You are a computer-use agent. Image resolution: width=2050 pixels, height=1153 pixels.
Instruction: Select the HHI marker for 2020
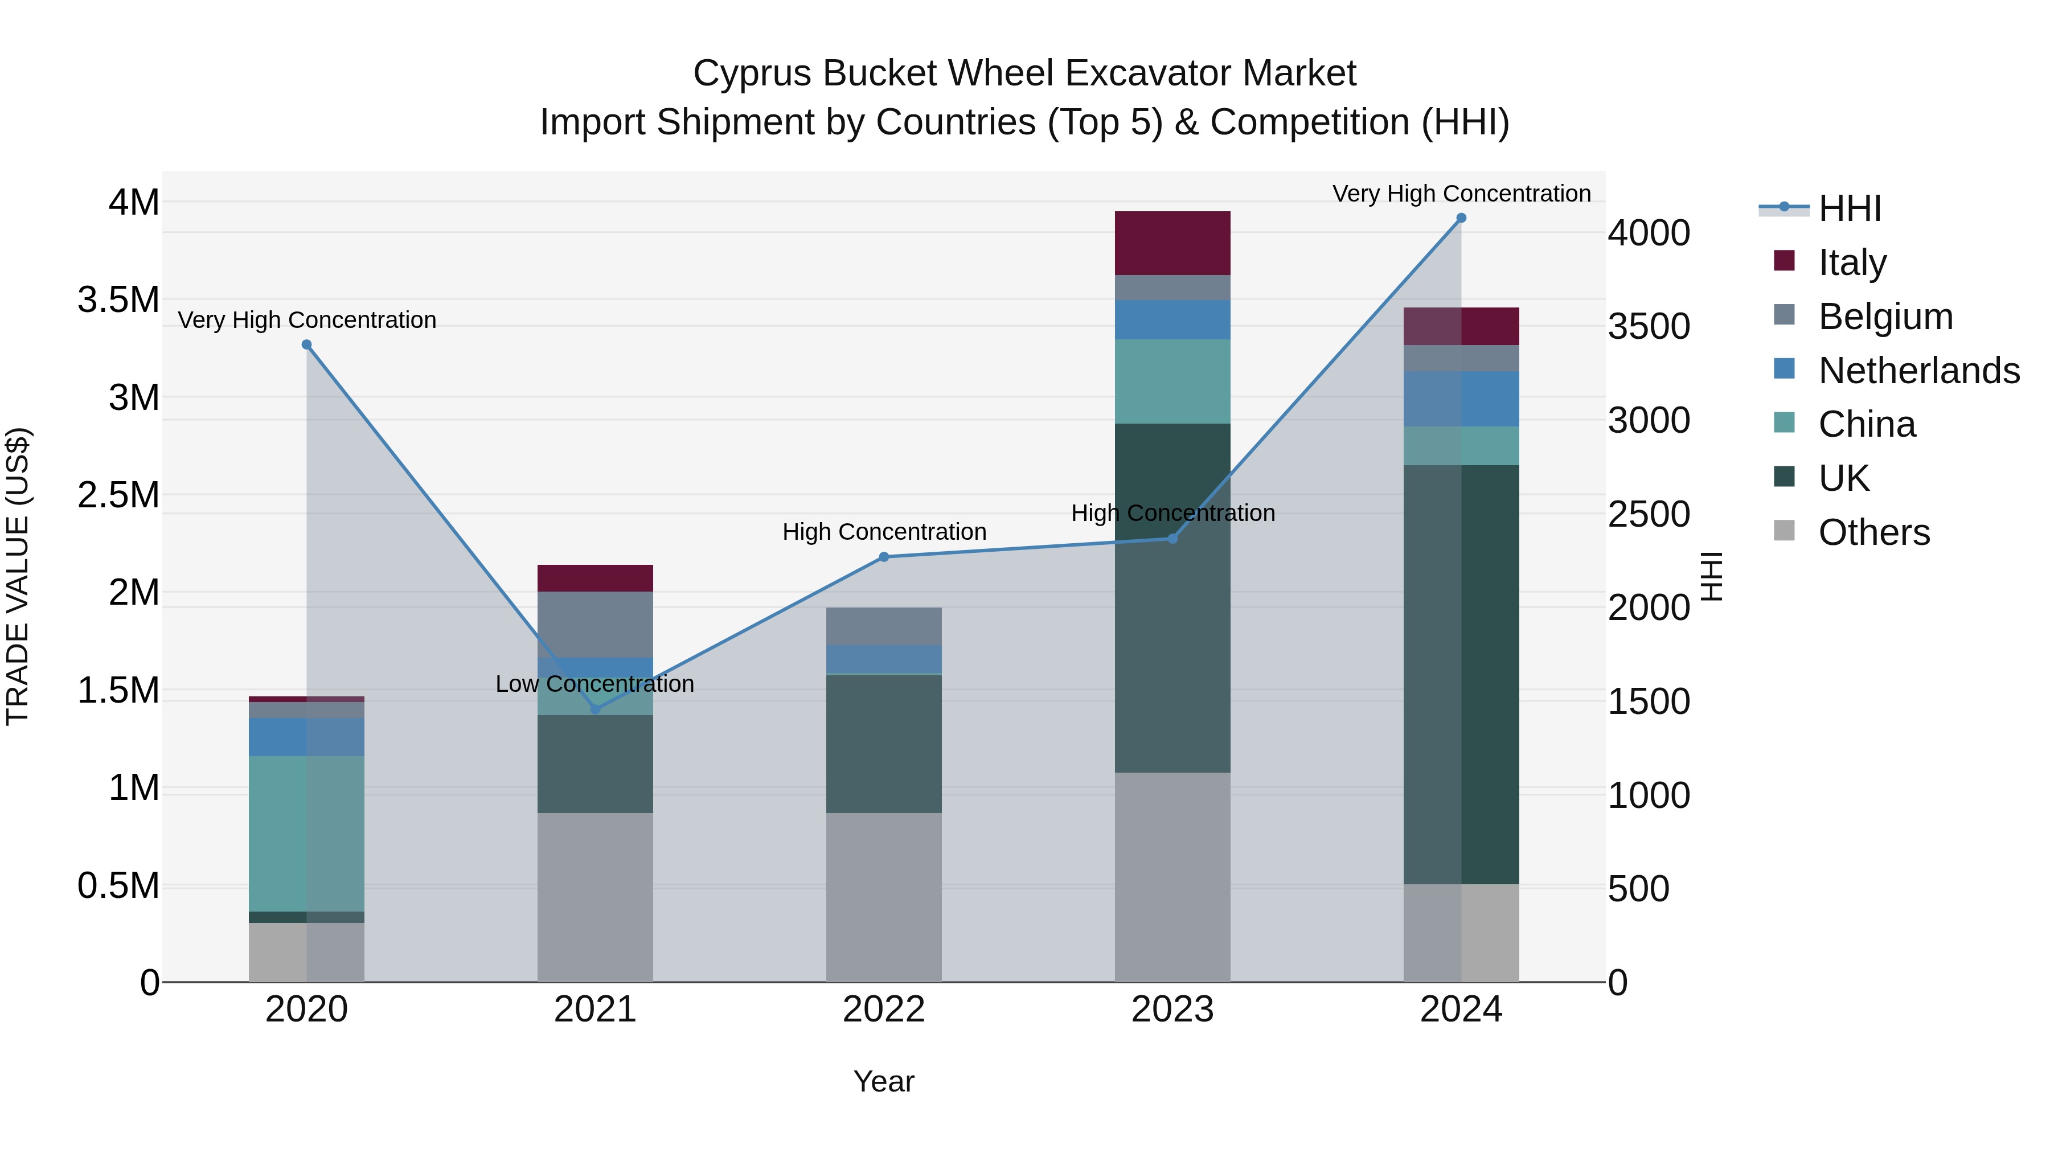coord(306,344)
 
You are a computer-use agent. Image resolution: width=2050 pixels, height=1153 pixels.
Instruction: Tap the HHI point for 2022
coord(883,557)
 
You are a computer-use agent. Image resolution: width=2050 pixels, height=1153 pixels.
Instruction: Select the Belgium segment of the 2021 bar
coord(594,624)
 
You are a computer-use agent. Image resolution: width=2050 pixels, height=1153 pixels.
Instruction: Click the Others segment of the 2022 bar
coord(883,897)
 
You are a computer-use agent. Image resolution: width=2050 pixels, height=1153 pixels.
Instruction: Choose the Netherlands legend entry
coord(1918,371)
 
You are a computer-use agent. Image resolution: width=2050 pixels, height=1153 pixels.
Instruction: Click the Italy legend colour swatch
coord(1784,261)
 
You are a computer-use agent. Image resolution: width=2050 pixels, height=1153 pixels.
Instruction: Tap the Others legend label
coord(1874,532)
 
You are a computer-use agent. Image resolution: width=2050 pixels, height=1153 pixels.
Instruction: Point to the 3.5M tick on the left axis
coord(118,300)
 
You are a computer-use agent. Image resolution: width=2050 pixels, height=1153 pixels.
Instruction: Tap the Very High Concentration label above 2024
coord(1461,194)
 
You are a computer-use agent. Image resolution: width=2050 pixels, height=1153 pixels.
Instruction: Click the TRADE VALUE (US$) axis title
coord(18,576)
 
